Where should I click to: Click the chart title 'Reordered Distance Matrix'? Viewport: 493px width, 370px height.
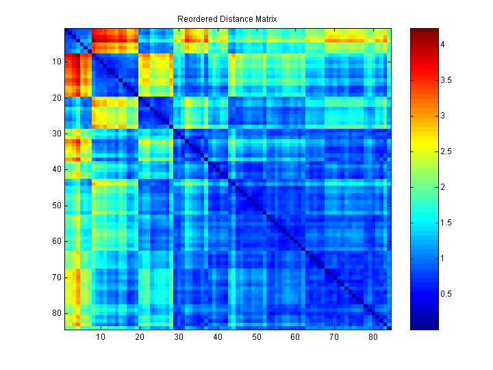tap(227, 18)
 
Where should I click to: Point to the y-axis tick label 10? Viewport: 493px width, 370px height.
tap(57, 62)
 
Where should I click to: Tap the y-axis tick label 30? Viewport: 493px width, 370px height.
tap(57, 134)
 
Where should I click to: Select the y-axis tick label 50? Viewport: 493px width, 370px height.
tap(57, 206)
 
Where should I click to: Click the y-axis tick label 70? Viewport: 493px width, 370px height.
tap(57, 277)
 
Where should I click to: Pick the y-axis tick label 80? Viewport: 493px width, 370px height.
tap(57, 313)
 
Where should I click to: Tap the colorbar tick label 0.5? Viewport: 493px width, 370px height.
tap(446, 294)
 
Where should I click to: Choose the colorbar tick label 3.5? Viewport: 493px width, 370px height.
tap(446, 80)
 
